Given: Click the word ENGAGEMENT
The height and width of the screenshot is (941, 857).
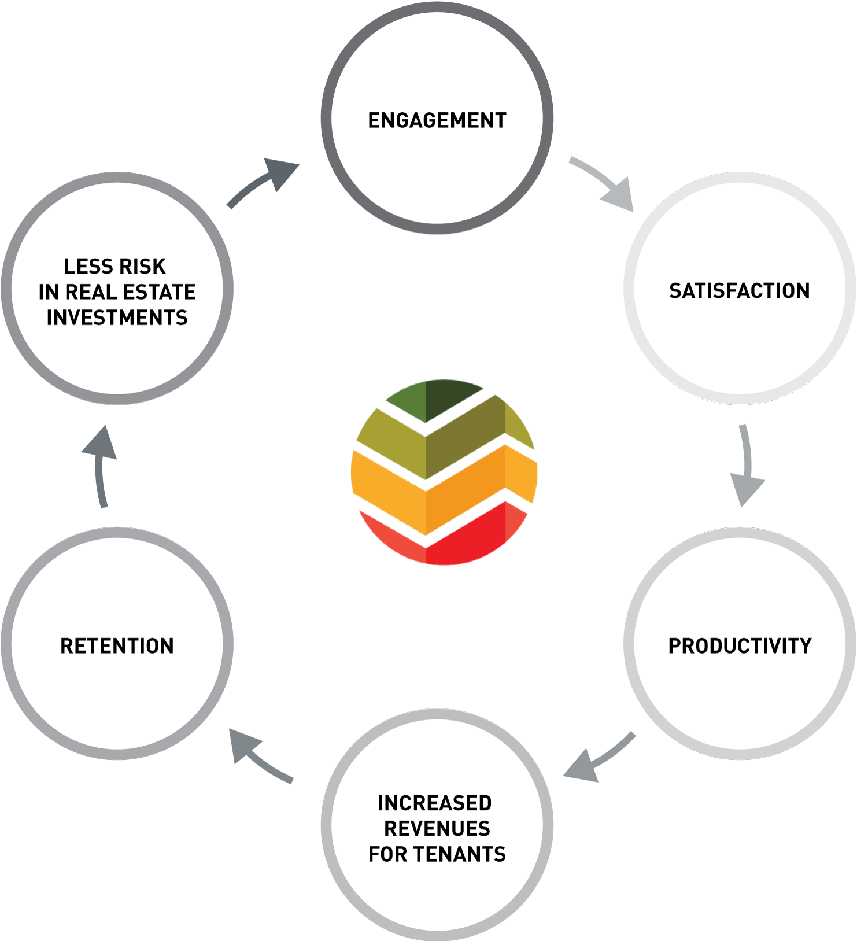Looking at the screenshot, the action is [437, 120].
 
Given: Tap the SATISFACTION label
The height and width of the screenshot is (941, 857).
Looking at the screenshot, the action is [740, 290].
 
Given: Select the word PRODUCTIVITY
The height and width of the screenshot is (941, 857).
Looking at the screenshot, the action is [740, 645].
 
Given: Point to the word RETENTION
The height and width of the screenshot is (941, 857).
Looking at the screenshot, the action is [117, 645].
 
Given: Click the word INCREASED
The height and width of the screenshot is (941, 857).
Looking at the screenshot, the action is [435, 803].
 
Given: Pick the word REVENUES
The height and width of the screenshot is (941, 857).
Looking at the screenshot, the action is [437, 828].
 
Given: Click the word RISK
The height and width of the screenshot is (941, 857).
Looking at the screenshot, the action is [142, 266].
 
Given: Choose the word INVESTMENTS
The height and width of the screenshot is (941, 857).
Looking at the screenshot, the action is [117, 318].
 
